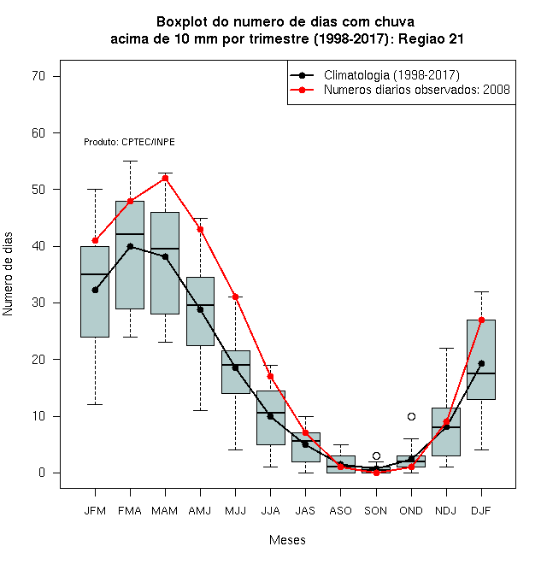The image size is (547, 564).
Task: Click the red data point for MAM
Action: tap(165, 179)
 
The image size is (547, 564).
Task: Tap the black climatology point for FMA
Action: tap(130, 246)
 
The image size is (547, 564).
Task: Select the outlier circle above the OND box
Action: tap(411, 416)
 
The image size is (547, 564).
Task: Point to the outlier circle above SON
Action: tap(376, 456)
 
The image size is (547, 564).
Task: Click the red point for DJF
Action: tap(481, 320)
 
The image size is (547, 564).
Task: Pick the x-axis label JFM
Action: tap(95, 511)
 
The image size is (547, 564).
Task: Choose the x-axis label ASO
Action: tap(340, 511)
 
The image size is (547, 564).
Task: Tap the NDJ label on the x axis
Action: tap(446, 511)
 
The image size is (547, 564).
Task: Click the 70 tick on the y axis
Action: tap(38, 76)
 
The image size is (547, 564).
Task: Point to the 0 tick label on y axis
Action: tap(42, 473)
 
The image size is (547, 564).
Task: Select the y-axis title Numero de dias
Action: tap(8, 274)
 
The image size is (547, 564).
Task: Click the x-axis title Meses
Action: tap(287, 540)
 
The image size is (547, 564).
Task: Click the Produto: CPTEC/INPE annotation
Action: tap(129, 142)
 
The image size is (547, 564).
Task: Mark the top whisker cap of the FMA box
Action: tap(130, 162)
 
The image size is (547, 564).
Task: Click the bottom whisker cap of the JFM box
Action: tap(95, 405)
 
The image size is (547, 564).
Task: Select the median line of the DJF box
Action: tap(481, 373)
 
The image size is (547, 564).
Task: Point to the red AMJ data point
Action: tap(201, 230)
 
